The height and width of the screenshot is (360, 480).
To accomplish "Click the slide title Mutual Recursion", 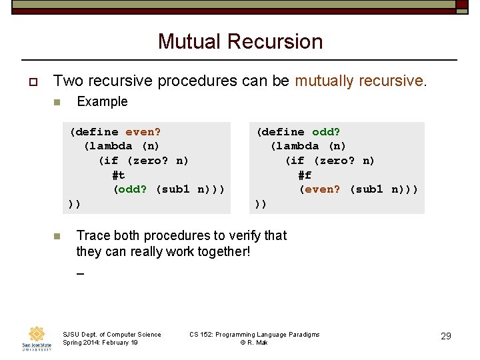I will coord(240,41).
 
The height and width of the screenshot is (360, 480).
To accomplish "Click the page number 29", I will coord(446,336).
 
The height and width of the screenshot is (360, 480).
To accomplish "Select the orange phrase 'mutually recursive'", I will coord(359,81).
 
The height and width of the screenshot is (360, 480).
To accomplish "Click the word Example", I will coord(102,102).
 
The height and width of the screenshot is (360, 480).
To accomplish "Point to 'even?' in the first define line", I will coord(143,132).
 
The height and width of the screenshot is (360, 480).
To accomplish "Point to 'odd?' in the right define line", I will coord(326,132).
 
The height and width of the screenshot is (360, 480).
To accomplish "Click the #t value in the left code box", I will coord(119,175).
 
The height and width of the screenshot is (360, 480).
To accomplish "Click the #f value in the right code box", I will coord(305,175).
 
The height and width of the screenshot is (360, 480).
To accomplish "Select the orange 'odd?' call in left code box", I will coord(131,189).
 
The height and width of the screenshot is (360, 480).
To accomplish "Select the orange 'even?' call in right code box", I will coord(321,189).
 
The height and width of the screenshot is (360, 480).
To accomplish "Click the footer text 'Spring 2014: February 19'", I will coord(100,342).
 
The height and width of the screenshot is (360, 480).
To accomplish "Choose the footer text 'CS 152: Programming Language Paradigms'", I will coord(254,334).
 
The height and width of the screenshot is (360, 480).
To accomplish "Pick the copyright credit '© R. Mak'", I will coord(254,342).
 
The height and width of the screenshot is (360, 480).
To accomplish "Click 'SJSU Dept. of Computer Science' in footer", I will coord(111,334).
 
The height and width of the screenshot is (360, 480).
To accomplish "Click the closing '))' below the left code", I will coord(74,203).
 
